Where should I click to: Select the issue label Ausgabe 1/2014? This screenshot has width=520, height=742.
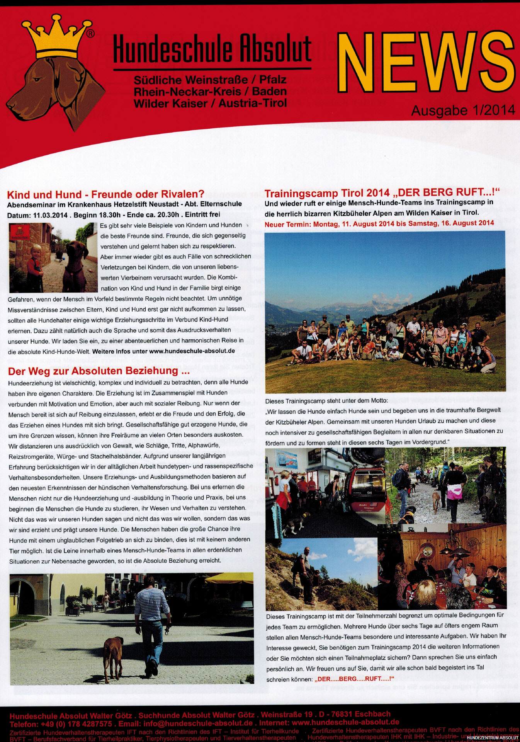coord(463,111)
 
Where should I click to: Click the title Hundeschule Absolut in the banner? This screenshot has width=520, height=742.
coord(212,49)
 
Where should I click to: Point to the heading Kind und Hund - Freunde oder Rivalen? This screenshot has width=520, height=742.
coord(105,194)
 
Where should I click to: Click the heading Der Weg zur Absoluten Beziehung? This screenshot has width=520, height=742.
coord(99,371)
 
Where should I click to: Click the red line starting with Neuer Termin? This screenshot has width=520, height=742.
coord(379,223)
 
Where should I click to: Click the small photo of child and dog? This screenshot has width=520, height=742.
coord(53,257)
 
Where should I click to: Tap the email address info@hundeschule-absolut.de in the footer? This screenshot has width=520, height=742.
coord(198,724)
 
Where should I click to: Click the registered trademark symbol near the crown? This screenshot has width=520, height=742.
coord(90,34)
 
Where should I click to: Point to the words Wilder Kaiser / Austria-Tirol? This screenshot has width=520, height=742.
coord(210,104)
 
